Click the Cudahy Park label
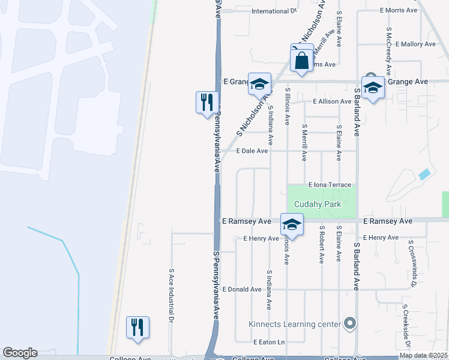[317, 204]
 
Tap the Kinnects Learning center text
[295, 325]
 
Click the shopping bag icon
[301, 60]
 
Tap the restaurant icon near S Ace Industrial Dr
[137, 327]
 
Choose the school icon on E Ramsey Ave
[292, 225]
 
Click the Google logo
[20, 353]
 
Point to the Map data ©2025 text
[423, 355]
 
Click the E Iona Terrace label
[329, 185]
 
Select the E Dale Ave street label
[252, 151]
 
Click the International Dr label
[274, 11]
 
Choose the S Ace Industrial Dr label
[171, 295]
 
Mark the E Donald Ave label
[242, 289]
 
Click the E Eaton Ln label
[268, 342]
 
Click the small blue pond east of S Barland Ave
[424, 174]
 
